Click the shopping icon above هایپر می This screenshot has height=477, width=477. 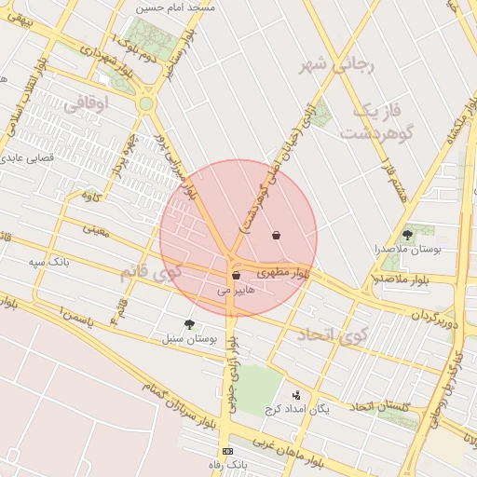[236, 275]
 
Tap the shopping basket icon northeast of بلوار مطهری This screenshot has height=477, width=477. [276, 235]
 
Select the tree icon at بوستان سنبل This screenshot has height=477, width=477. [190, 324]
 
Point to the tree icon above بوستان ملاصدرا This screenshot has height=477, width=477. [407, 234]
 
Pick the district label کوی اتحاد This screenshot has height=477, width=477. [333, 335]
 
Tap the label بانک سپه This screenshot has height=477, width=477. [49, 264]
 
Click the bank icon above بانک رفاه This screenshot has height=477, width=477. [229, 451]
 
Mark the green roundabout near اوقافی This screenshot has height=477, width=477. [146, 104]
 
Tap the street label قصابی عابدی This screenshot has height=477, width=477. [23, 159]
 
